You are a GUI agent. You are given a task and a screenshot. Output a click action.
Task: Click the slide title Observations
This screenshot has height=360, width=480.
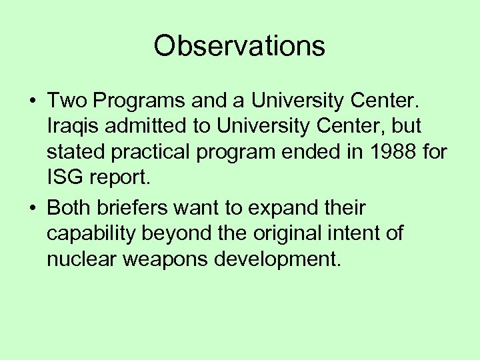(239, 46)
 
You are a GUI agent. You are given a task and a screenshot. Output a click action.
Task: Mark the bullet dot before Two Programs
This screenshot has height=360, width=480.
(32, 101)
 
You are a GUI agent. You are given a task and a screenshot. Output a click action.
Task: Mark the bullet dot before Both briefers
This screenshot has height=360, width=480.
(32, 208)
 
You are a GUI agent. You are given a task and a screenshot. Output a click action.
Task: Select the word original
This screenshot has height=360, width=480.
(298, 233)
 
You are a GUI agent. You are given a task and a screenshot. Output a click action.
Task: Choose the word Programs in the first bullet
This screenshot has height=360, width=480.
(138, 101)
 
